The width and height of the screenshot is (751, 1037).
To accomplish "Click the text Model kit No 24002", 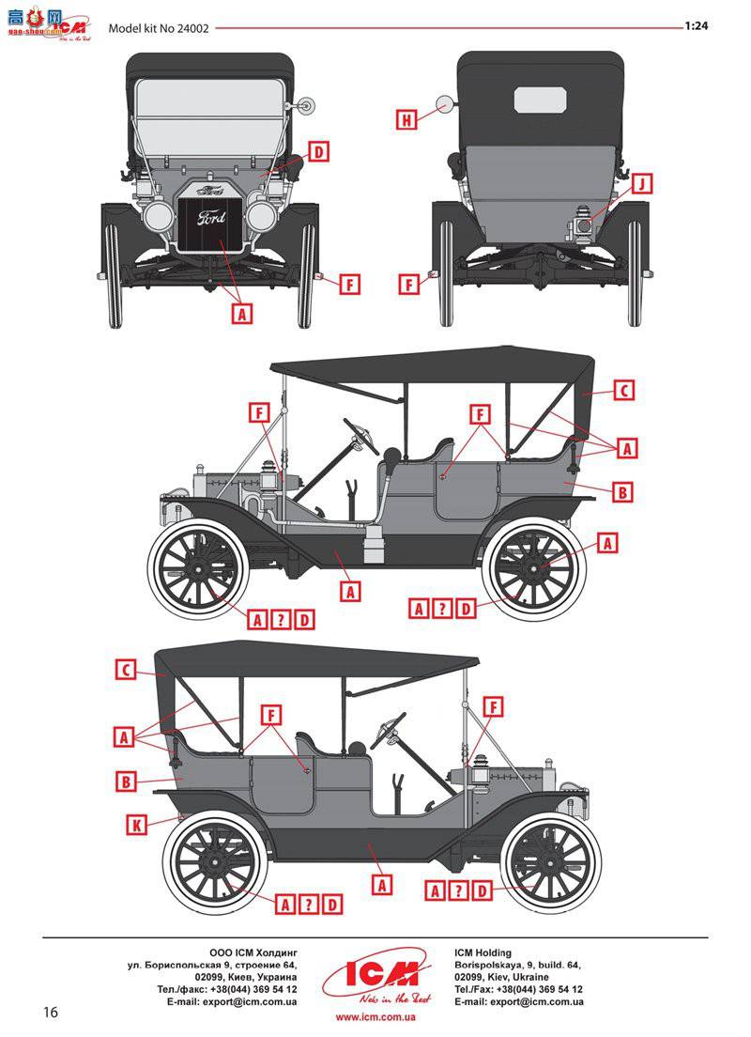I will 160,27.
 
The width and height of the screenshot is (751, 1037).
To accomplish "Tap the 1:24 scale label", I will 696,26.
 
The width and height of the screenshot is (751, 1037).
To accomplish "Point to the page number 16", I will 51,1012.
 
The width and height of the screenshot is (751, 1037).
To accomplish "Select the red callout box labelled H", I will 406,120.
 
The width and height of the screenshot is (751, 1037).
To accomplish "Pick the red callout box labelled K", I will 137,825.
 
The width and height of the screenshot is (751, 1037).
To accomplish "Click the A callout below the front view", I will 242,314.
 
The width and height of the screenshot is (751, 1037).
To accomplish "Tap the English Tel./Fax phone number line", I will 517,990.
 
